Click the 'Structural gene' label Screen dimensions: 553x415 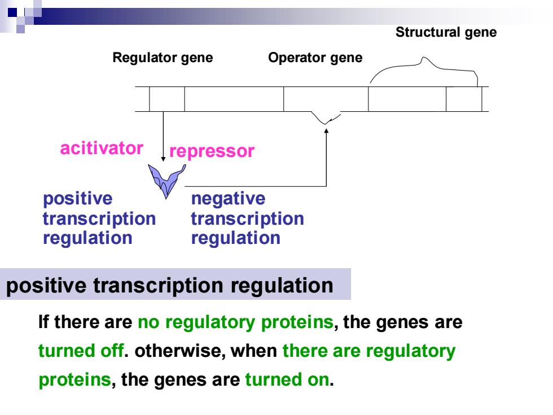tap(446, 33)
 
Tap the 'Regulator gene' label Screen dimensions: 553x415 tap(163, 58)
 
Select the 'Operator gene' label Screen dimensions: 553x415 tap(315, 58)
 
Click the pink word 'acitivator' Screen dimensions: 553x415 tap(102, 148)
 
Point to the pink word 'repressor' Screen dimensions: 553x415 tap(212, 151)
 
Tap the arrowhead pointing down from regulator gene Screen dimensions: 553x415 tap(163, 159)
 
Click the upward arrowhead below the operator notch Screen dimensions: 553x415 tap(326, 131)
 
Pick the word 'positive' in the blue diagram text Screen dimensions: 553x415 tap(78, 199)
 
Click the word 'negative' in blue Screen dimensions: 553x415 tap(228, 199)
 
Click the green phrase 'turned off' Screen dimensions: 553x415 tap(81, 351)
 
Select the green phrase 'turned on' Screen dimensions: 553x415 tap(287, 379)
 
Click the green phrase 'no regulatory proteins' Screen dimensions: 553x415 tap(236, 322)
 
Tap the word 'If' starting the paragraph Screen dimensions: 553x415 tap(44, 322)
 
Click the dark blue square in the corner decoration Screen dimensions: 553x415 tap(12, 12)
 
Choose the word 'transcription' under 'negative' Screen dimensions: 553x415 tap(247, 219)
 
